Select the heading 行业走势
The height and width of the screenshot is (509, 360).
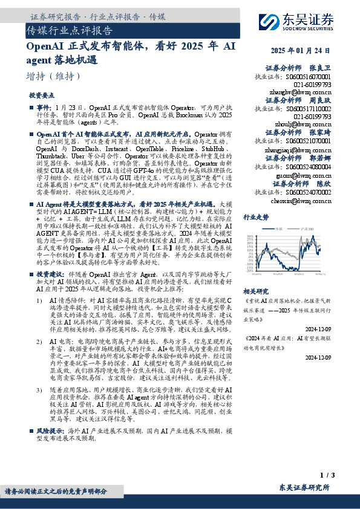[x=256, y=216]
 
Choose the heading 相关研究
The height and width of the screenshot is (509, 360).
[x=256, y=291]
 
